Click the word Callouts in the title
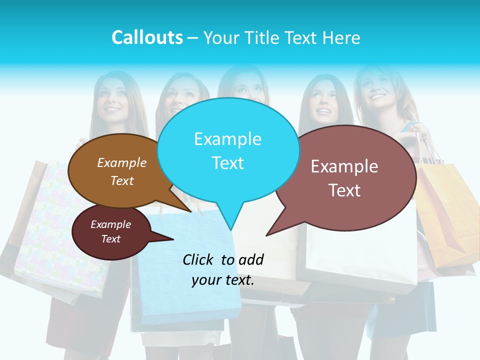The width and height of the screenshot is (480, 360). click(x=147, y=37)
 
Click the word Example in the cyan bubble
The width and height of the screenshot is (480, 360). click(x=227, y=139)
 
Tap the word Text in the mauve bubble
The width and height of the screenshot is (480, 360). click(x=344, y=190)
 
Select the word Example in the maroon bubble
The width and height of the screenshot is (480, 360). click(x=110, y=224)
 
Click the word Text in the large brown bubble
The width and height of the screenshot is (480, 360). click(x=122, y=181)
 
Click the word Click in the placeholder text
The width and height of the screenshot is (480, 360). click(x=199, y=259)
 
